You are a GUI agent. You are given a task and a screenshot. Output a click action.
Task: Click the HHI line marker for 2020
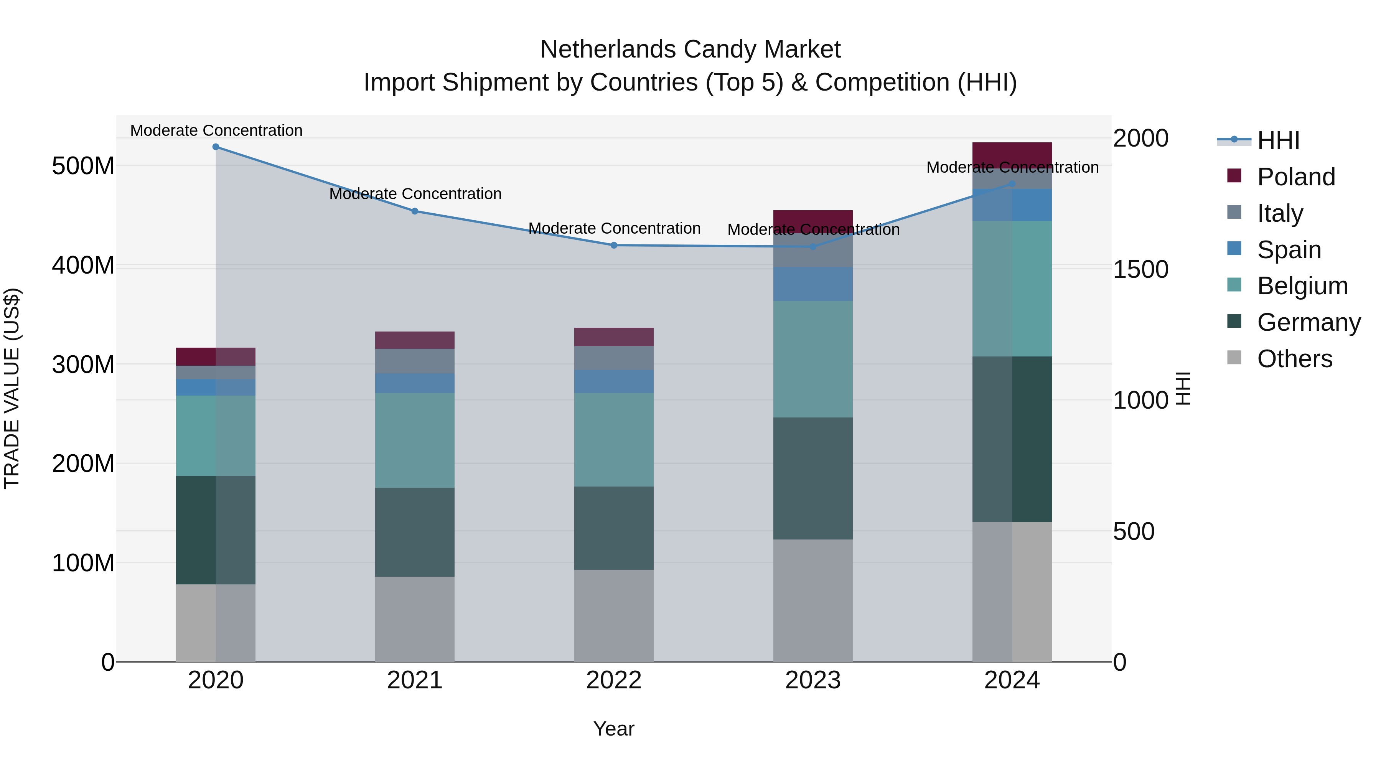click(216, 147)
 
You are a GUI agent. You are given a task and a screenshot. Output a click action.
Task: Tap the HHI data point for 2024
click(1012, 184)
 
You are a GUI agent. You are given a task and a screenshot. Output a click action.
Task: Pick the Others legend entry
click(1294, 359)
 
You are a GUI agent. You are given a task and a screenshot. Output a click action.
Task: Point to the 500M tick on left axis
click(83, 166)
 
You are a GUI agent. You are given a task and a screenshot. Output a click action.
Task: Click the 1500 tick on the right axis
click(1141, 269)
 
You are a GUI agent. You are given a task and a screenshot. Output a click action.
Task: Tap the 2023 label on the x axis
click(813, 680)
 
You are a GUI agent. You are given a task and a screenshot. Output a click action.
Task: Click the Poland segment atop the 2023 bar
click(813, 221)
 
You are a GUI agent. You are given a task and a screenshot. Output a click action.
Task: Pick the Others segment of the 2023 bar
click(813, 600)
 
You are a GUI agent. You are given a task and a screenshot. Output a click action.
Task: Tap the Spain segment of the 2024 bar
click(1012, 205)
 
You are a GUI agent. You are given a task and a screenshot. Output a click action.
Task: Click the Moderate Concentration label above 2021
click(415, 194)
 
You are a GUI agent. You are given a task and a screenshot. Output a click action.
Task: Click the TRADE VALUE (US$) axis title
click(12, 388)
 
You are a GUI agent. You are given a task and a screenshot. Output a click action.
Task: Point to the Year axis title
click(614, 729)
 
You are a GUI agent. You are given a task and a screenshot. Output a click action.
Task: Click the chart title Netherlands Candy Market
click(690, 49)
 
